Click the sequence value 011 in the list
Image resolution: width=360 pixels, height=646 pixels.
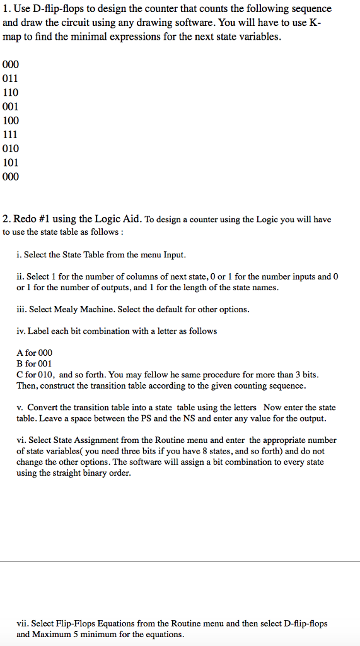tap(11, 78)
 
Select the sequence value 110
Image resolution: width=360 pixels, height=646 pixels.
tap(11, 92)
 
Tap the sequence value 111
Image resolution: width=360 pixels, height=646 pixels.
tap(11, 134)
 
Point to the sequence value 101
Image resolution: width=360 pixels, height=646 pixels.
tap(11, 162)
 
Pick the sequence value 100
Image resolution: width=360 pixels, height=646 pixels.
tap(11, 120)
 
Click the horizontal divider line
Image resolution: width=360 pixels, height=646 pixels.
tap(180, 561)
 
